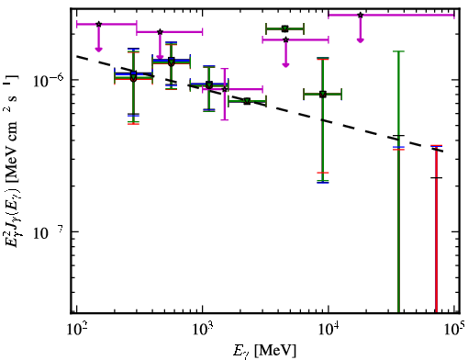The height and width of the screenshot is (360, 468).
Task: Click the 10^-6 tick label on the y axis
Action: pos(49,80)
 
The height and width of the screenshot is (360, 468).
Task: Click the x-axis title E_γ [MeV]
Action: pos(264,351)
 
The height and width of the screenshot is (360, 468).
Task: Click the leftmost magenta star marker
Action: pos(98,24)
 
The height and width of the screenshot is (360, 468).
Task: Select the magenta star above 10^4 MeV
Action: pos(361,15)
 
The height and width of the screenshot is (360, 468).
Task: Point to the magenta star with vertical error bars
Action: pos(225,89)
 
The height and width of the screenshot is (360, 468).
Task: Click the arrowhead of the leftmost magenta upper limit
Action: pos(98,50)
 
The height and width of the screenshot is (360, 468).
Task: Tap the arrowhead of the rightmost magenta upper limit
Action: pos(361,40)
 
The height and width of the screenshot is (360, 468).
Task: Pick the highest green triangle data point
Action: pos(284,29)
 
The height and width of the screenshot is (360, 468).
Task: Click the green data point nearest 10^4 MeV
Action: pos(323,95)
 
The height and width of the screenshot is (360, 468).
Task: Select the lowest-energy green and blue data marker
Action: pos(133,75)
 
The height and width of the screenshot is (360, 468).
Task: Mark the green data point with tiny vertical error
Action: pos(247,101)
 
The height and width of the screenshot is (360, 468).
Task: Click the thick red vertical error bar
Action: pos(436,230)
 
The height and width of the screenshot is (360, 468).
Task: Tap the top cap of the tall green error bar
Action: pos(398,51)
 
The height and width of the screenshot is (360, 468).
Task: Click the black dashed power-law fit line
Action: pos(260,104)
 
